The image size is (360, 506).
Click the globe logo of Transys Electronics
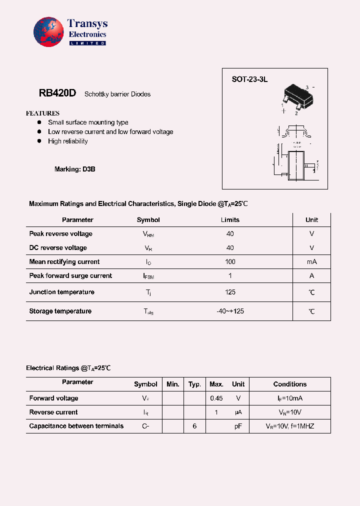tap(49, 32)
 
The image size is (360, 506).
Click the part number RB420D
tap(57, 93)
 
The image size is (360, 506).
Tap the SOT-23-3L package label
tap(249, 79)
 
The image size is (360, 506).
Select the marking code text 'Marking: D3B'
tap(74, 169)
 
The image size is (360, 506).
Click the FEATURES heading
tap(42, 113)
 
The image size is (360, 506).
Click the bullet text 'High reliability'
tap(67, 141)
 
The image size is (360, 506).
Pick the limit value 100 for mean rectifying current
tap(230, 262)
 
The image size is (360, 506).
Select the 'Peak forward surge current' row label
tap(70, 276)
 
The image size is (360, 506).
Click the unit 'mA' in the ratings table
tap(311, 262)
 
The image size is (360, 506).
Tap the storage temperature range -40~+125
tap(230, 311)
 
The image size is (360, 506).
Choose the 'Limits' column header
tap(230, 220)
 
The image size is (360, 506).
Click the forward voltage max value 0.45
tap(216, 398)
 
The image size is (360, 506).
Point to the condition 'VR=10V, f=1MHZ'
tap(290, 426)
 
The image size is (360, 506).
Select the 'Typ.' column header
tap(194, 384)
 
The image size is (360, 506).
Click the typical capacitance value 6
tap(194, 426)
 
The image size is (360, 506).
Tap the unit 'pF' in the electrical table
tap(238, 426)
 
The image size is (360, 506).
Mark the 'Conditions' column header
tap(290, 384)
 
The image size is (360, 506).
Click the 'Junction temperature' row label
tap(61, 292)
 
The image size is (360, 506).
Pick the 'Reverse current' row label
tap(53, 412)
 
